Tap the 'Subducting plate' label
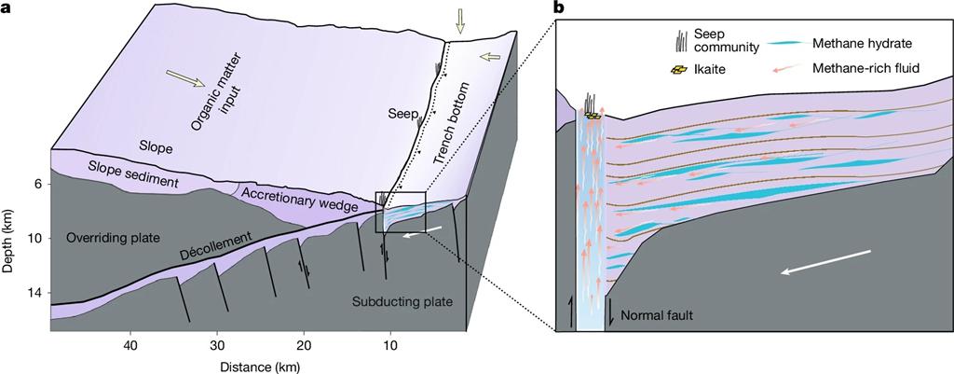pos(402,302)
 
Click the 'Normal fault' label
pos(657,315)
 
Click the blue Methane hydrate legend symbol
pos(784,43)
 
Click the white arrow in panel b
pos(826,262)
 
